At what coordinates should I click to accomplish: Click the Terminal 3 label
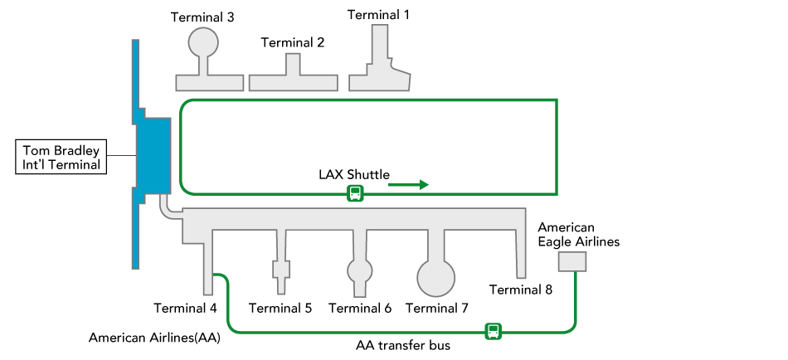[x=202, y=17]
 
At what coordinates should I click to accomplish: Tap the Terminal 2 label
[x=292, y=42]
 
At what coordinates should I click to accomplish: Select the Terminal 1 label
[x=378, y=14]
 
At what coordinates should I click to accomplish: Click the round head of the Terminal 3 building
[x=203, y=42]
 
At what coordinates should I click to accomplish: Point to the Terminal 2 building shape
[x=293, y=78]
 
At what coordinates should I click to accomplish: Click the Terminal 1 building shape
[x=379, y=75]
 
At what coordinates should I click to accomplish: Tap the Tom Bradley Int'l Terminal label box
[x=63, y=157]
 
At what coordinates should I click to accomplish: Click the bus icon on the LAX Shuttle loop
[x=355, y=193]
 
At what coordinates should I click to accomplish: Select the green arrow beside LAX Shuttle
[x=408, y=184]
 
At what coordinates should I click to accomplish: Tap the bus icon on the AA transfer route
[x=494, y=332]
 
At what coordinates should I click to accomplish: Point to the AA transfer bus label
[x=403, y=344]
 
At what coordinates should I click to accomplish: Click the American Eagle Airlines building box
[x=572, y=261]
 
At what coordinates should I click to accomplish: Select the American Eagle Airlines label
[x=578, y=234]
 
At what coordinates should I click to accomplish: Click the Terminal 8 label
[x=521, y=289]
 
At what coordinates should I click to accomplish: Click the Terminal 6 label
[x=360, y=308]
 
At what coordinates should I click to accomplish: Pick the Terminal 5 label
[x=280, y=308]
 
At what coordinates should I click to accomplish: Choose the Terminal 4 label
[x=185, y=308]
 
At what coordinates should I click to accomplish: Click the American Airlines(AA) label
[x=154, y=338]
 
